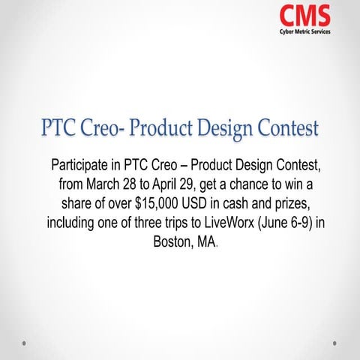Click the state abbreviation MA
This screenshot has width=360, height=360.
click(x=208, y=243)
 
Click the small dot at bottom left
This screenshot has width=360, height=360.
click(x=25, y=343)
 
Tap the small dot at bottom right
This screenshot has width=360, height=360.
click(x=334, y=343)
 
